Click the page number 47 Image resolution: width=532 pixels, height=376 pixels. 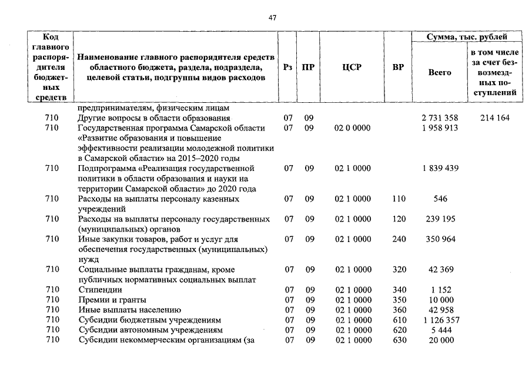pos(272,18)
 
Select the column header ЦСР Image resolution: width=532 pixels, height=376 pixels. pos(352,67)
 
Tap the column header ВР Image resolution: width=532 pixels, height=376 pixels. pos(398,67)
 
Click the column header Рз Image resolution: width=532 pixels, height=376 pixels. pos(287,67)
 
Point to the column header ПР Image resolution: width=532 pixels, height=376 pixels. pos(307,67)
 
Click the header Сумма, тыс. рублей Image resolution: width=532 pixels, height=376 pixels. pos(467,37)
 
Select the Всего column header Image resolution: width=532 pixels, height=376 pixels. pos(440,72)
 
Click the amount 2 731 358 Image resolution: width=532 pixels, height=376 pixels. pos(440,118)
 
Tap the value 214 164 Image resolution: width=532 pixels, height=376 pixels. pos(494,118)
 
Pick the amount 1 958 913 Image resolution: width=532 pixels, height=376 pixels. pos(440,128)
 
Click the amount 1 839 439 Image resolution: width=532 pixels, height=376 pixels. pos(440,169)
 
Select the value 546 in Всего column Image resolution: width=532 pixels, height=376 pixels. pos(440,199)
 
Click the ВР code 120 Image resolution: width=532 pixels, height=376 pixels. pos(399,219)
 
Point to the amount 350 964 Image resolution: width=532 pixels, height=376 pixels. pos(440,239)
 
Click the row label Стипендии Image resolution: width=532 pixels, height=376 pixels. pos(100,290)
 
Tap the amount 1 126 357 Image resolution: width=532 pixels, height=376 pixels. pos(440,320)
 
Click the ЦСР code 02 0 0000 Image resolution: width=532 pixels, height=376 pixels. pos(353,128)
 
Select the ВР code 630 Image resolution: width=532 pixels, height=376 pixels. pos(399,340)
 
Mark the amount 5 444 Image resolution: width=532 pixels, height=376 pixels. pos(440,330)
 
